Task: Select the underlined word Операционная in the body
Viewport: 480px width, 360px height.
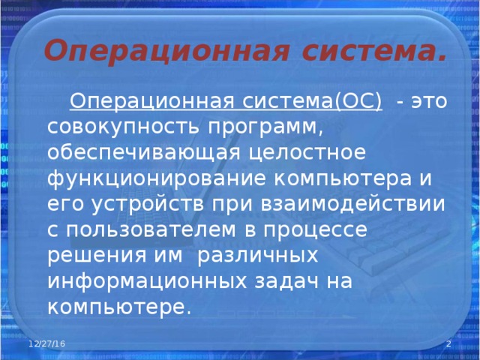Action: point(154,102)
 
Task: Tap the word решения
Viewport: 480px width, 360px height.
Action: point(92,255)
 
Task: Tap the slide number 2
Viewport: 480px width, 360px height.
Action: point(448,343)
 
